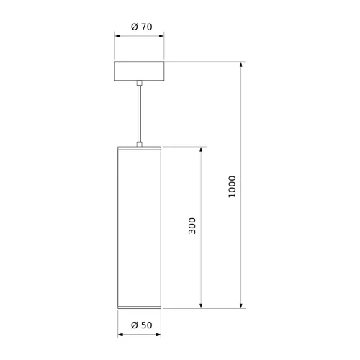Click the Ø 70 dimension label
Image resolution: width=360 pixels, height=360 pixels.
click(x=142, y=27)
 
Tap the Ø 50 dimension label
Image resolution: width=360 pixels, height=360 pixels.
click(x=142, y=325)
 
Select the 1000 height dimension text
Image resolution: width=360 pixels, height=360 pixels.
click(x=232, y=186)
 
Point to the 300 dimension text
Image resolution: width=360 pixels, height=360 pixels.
click(x=192, y=226)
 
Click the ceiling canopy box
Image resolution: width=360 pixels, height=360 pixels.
click(x=139, y=71)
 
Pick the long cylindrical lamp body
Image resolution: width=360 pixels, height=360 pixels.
click(x=139, y=228)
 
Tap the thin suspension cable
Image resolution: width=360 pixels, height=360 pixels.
click(x=139, y=114)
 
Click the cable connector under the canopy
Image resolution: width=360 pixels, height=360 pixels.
click(x=139, y=83)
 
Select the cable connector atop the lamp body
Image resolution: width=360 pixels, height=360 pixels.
click(x=139, y=144)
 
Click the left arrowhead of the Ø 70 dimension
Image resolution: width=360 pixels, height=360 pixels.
click(x=117, y=36)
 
